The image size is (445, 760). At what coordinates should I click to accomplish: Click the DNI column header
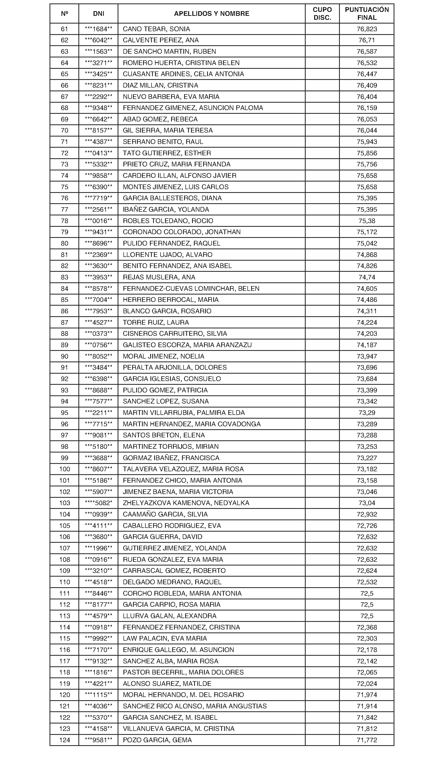point(99,13)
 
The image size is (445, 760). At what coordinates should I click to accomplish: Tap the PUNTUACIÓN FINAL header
point(367,13)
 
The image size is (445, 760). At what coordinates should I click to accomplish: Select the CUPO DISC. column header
point(322,13)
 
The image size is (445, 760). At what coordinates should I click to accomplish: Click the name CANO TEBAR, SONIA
point(156,29)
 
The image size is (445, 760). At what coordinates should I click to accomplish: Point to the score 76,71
point(367,40)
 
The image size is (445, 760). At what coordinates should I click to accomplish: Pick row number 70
point(65,130)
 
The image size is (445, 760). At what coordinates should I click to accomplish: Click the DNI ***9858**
point(99,175)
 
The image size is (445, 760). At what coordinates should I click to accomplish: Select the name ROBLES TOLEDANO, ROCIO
point(168,221)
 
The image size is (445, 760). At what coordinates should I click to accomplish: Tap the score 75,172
point(367,232)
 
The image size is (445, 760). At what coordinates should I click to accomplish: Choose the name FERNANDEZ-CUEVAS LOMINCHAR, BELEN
point(191,288)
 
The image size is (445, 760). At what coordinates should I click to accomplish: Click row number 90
point(65,356)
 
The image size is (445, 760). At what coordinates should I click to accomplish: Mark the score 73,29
point(367,413)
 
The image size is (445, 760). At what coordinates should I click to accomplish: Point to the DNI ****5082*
point(99,503)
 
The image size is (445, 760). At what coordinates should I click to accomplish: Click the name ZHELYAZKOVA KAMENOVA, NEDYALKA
point(186,503)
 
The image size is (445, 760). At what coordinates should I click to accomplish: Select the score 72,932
point(367,514)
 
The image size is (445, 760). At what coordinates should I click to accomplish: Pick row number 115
point(65,639)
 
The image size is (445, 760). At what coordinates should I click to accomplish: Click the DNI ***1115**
point(99,695)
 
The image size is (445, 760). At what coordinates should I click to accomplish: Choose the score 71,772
point(367,740)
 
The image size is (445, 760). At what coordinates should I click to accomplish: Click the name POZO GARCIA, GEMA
point(157,740)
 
